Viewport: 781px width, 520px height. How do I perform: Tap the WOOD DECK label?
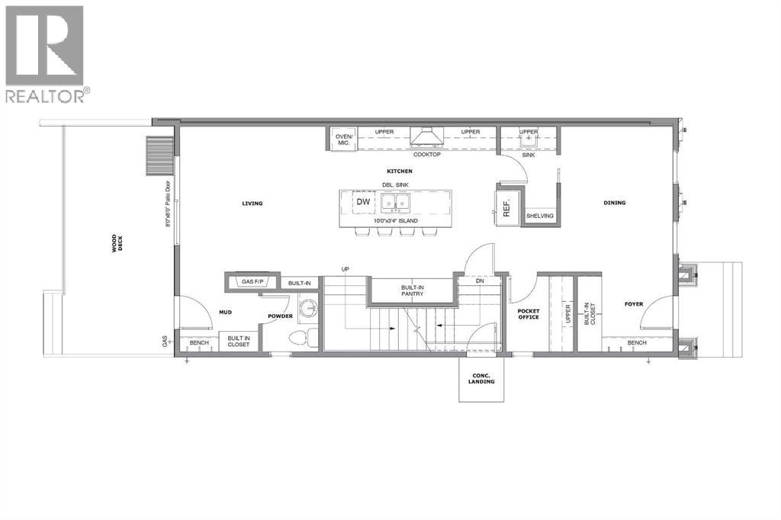pyautogui.click(x=115, y=243)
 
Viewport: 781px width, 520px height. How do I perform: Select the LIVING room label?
pyautogui.click(x=252, y=204)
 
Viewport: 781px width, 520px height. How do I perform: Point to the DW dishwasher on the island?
pyautogui.click(x=363, y=202)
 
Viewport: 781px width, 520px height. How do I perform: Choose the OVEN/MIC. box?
pyautogui.click(x=342, y=140)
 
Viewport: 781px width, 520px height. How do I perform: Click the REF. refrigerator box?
pyautogui.click(x=507, y=207)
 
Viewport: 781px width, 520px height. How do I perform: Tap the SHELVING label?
pyautogui.click(x=538, y=217)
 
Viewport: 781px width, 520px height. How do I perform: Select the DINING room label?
pyautogui.click(x=614, y=203)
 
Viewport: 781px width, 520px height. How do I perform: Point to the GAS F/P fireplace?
pyautogui.click(x=252, y=282)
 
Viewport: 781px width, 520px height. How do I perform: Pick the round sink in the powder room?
pyautogui.click(x=308, y=309)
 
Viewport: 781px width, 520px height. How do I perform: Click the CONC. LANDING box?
pyautogui.click(x=482, y=378)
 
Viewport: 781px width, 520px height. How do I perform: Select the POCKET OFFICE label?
pyautogui.click(x=528, y=314)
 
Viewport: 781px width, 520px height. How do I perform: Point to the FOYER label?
pyautogui.click(x=635, y=303)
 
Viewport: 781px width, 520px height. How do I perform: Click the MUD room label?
pyautogui.click(x=225, y=312)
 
